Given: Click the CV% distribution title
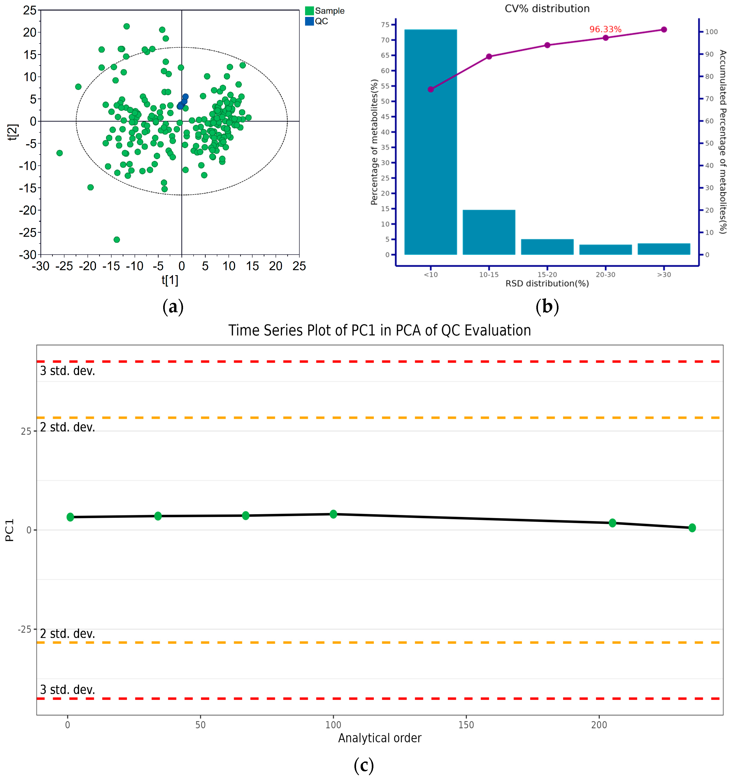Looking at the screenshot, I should pos(547,9).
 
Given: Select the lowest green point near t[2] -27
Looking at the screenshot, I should pos(117,239).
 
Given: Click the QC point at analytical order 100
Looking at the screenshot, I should pos(333,514).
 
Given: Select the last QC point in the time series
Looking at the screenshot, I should pos(692,528).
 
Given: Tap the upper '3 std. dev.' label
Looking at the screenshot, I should pos(67,371).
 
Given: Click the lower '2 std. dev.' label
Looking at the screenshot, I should pos(67,634).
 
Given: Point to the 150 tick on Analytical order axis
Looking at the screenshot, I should pos(466,725).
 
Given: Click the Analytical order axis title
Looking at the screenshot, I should pos(379,738).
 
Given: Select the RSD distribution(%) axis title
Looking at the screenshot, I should pos(547,283).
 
